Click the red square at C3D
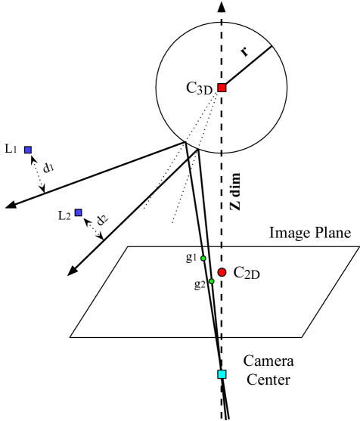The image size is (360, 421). click(x=222, y=88)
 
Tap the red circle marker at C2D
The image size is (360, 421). click(x=222, y=272)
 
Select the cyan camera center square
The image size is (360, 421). click(x=222, y=374)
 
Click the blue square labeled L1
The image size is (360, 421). click(x=28, y=150)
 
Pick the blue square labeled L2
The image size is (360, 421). click(x=78, y=213)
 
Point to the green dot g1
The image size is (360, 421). click(x=203, y=258)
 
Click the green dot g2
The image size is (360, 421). click(x=211, y=281)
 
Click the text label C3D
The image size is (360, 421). click(x=200, y=88)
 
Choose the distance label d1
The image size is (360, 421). click(x=48, y=168)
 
